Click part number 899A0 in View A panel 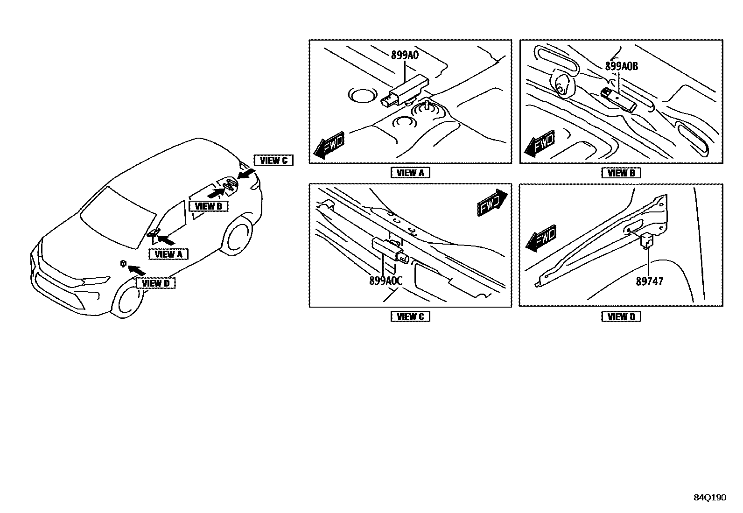click(405, 55)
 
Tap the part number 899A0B click(621, 66)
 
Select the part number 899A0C click(386, 281)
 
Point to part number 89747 click(649, 281)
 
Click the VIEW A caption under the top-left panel click(410, 173)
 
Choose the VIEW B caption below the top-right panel click(621, 173)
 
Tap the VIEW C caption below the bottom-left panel click(410, 316)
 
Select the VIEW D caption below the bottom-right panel click(621, 316)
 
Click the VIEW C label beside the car click(273, 161)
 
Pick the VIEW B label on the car click(208, 206)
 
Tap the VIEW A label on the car click(168, 254)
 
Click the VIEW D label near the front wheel click(155, 283)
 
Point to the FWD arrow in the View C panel click(492, 202)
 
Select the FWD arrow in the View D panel click(540, 239)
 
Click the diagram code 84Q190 click(709, 498)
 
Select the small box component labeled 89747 click(646, 240)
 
